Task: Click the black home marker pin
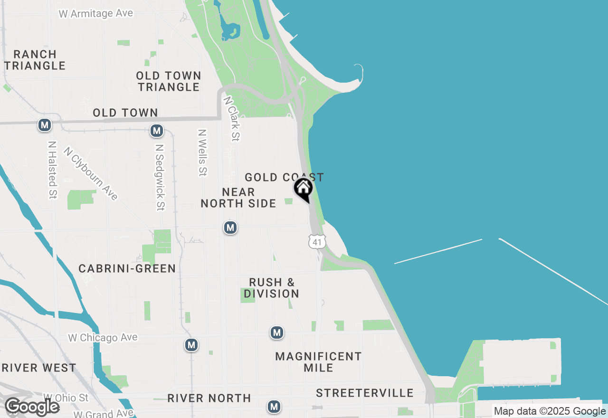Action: point(303,189)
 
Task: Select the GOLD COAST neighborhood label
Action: point(284,177)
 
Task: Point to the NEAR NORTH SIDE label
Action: point(238,198)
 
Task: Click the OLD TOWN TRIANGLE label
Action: point(169,81)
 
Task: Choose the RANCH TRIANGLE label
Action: point(35,60)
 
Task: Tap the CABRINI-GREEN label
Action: point(127,268)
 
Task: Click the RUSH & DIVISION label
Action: point(272,288)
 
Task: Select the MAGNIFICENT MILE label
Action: point(318,361)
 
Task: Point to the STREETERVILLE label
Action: point(365,393)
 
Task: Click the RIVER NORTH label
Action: point(209,398)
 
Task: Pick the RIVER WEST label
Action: point(39,368)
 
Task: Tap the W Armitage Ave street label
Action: point(96,13)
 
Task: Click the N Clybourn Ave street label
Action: point(91,173)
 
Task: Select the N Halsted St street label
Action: point(52,169)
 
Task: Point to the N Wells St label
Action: point(203,152)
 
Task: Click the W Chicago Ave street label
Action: point(103,338)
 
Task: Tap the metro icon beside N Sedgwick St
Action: point(157,131)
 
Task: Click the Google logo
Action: point(32,407)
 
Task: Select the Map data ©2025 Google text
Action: point(550,411)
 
